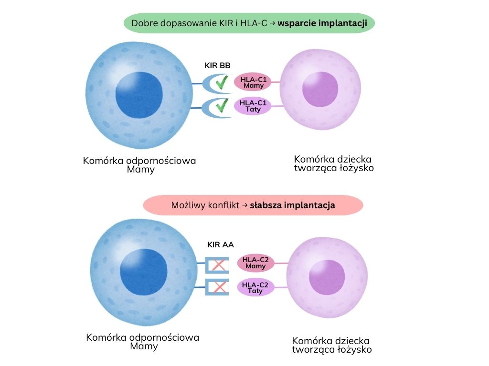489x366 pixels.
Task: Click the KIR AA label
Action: pyautogui.click(x=220, y=245)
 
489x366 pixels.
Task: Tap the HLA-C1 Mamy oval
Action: pyautogui.click(x=253, y=82)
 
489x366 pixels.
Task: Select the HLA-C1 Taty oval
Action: pyautogui.click(x=253, y=106)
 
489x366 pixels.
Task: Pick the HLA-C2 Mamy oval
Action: pyautogui.click(x=255, y=263)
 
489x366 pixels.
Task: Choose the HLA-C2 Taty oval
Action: pyautogui.click(x=255, y=287)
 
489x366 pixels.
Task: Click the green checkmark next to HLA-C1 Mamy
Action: pyautogui.click(x=221, y=83)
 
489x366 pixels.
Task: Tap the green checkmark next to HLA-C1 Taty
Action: pyautogui.click(x=221, y=106)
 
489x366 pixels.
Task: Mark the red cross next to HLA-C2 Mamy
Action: pyautogui.click(x=219, y=265)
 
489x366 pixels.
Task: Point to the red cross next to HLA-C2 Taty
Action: pyautogui.click(x=219, y=287)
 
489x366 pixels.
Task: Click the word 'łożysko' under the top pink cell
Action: pyautogui.click(x=357, y=168)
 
